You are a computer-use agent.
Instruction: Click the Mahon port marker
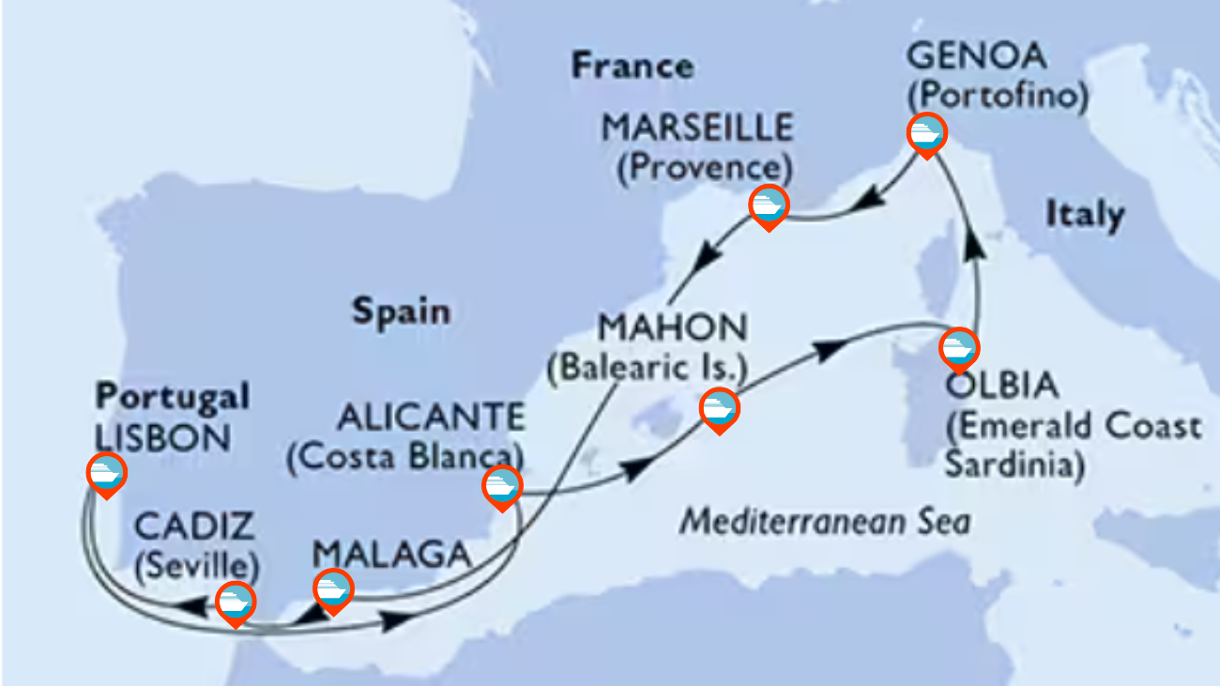click(719, 409)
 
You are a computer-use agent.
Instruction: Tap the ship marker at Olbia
click(959, 348)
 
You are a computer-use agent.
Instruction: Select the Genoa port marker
click(926, 134)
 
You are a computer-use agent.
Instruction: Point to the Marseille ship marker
click(769, 206)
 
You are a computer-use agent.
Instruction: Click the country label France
click(633, 67)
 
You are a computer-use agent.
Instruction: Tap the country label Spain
click(401, 312)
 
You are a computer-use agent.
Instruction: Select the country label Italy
click(1085, 215)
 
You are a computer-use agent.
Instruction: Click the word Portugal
click(172, 397)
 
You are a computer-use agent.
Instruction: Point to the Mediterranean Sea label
click(825, 521)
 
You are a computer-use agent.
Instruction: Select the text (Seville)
click(196, 566)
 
